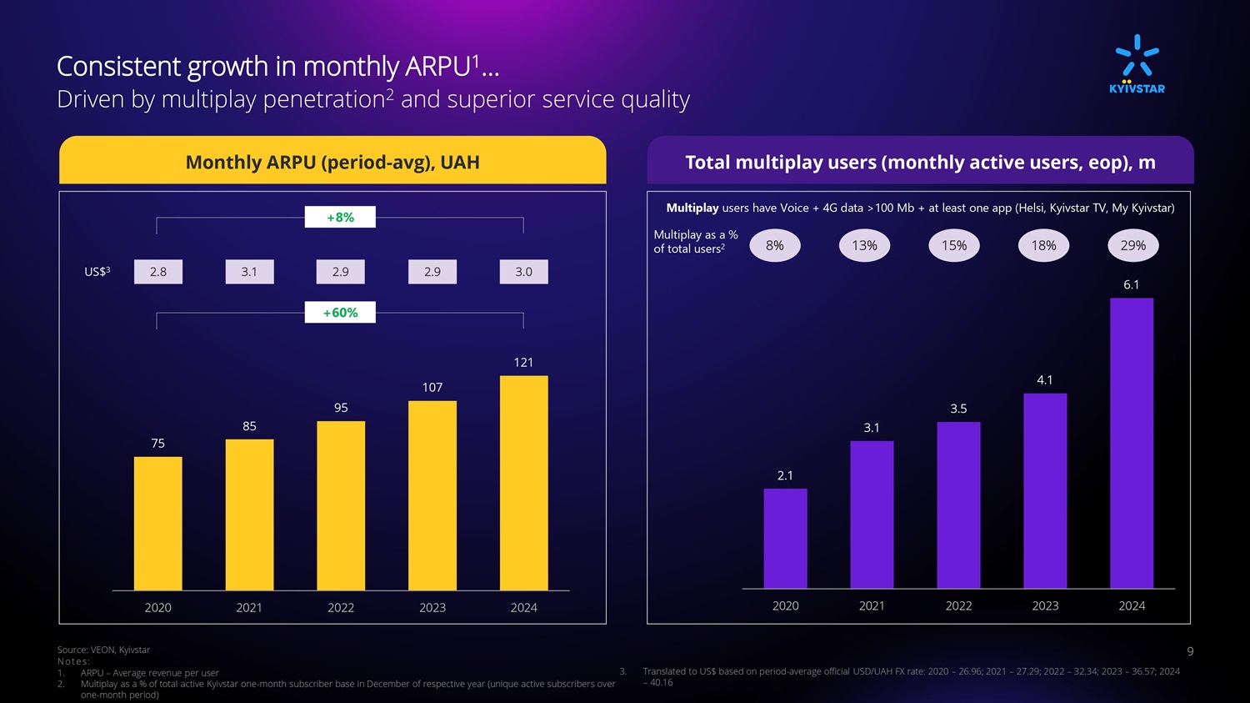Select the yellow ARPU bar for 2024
tap(523, 483)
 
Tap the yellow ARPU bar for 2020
tap(157, 523)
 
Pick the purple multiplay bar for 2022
tap(958, 505)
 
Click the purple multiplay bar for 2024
tap(1131, 443)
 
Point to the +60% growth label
tap(340, 313)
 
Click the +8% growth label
tap(340, 218)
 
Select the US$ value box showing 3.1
tap(249, 272)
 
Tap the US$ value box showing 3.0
tap(523, 272)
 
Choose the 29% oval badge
tap(1132, 246)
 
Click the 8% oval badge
tap(775, 246)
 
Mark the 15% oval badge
tap(954, 246)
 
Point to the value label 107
tap(432, 388)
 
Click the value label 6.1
tap(1131, 285)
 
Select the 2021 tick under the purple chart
tap(872, 606)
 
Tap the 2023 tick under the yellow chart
tap(432, 608)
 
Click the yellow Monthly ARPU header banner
tap(332, 162)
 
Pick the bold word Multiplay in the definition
tap(692, 208)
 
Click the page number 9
tap(1190, 651)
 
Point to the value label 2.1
tap(785, 476)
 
